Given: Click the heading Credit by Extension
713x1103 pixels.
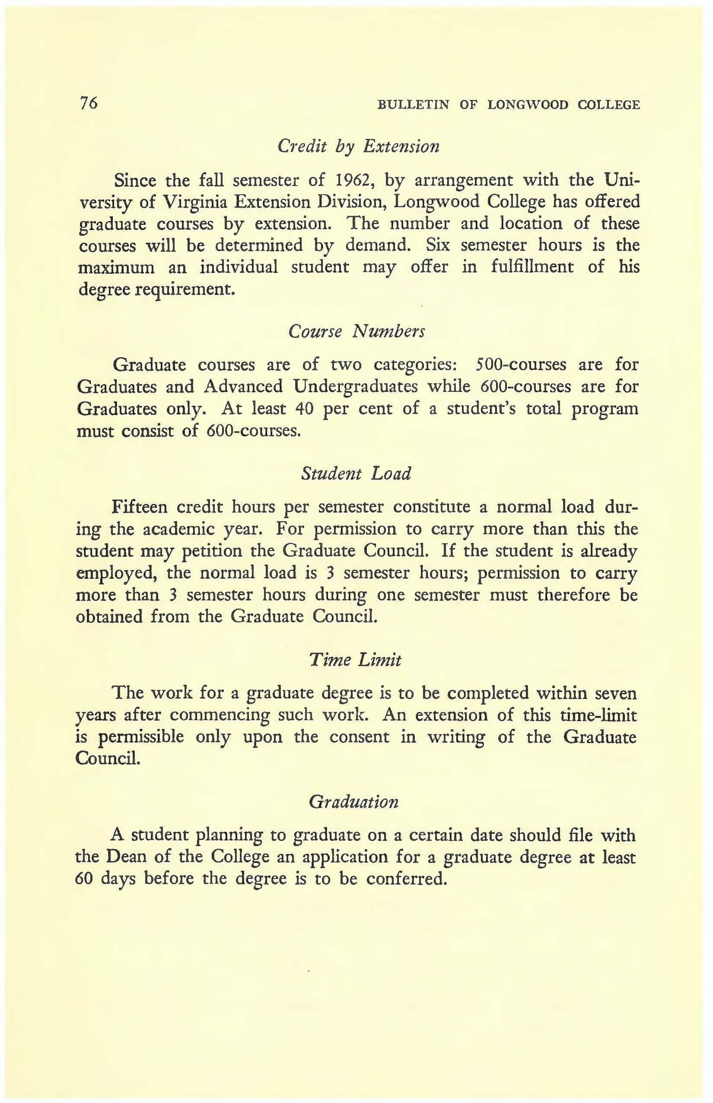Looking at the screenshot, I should [358, 147].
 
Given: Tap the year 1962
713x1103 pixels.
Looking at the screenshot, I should [351, 180].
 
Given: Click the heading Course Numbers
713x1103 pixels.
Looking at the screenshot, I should [356, 331].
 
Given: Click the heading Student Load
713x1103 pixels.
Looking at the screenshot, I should [356, 474].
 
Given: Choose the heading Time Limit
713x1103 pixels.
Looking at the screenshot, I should [355, 660].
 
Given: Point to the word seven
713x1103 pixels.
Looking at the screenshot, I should [615, 693].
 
